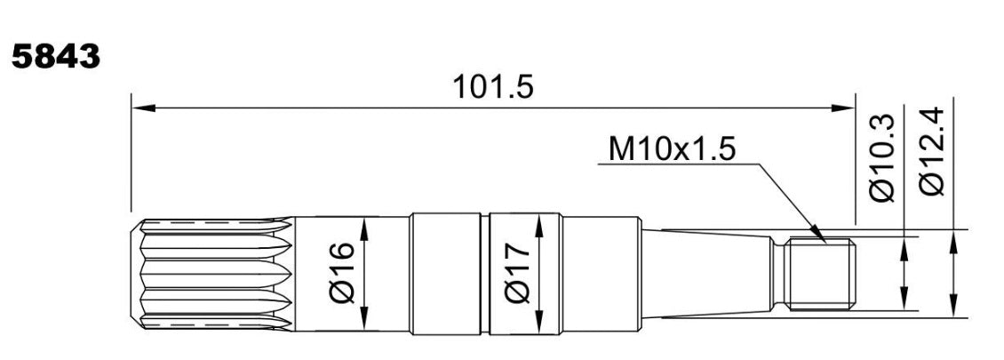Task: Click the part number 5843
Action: [x=56, y=57]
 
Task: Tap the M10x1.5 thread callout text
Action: [x=672, y=149]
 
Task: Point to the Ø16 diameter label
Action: [x=343, y=272]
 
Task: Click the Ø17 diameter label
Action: [x=517, y=272]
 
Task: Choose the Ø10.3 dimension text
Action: [x=881, y=157]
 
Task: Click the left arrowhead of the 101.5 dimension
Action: [x=143, y=108]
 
